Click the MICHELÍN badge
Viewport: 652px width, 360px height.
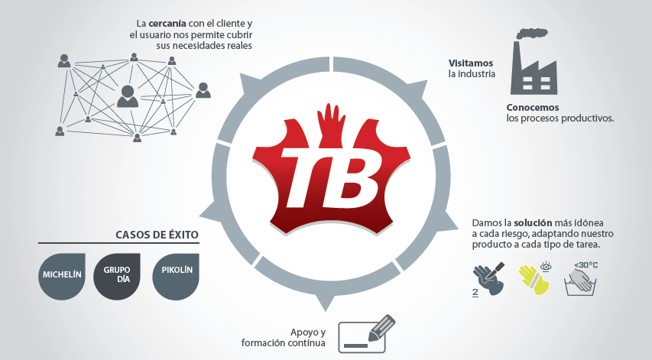62,277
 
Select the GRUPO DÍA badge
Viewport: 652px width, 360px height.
117,277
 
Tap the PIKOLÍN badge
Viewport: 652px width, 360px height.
176,277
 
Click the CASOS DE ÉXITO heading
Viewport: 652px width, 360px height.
157,235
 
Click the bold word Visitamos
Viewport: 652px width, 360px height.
471,63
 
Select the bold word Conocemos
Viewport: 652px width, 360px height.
533,108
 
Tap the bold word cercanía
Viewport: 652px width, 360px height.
167,24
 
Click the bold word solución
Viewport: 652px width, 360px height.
533,223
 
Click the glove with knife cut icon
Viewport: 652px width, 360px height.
489,279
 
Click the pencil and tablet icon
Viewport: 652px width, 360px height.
366,334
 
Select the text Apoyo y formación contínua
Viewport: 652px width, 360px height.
284,338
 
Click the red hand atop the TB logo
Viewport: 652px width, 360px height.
332,125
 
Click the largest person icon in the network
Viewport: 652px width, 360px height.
128,96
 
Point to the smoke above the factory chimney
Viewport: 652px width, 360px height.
531,34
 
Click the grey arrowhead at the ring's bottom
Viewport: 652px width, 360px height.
326,301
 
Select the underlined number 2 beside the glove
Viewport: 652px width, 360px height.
475,292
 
